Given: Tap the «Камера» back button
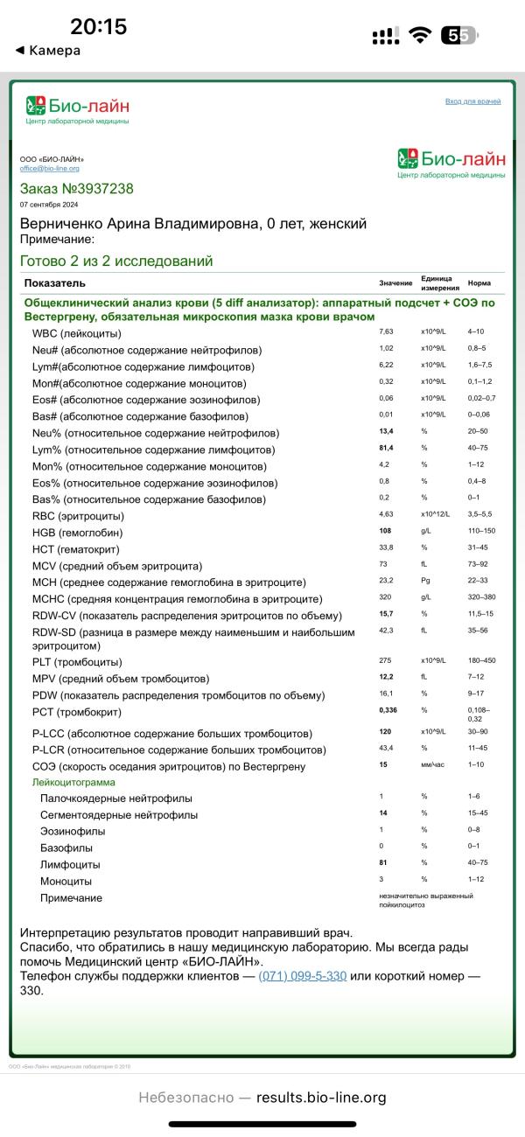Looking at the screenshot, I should tap(48, 51).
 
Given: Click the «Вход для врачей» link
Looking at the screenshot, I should tap(472, 101).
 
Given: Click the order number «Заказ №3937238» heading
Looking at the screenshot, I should tap(77, 189).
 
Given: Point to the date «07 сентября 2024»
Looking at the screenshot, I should tap(48, 205).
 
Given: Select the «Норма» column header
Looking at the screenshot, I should tap(479, 283).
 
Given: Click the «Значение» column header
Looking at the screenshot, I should tap(395, 283).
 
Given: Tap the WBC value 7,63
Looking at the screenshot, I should tap(387, 333).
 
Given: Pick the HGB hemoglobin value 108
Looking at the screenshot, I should tap(386, 532).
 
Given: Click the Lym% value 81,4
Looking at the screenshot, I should tap(387, 450).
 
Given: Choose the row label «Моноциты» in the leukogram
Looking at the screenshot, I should tap(66, 881).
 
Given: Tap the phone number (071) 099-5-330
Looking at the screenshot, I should tap(303, 976).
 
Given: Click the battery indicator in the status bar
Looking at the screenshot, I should tap(458, 35).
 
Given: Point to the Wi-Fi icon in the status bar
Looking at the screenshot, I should tap(420, 35).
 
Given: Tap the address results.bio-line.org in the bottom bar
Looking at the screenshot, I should tap(321, 1098).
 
